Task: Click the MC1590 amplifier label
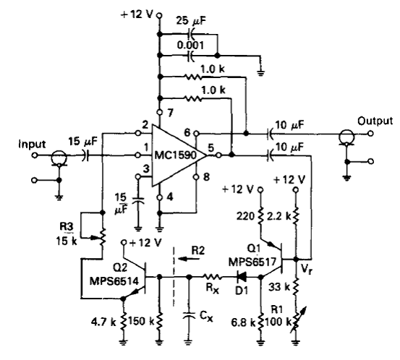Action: [176, 155]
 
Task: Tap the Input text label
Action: [32, 145]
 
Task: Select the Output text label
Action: [375, 121]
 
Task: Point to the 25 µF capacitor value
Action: [191, 21]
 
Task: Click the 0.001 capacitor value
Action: [190, 46]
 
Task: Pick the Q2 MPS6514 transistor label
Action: [114, 275]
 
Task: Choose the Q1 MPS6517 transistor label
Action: [252, 256]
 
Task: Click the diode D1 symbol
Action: [241, 277]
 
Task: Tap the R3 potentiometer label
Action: [67, 226]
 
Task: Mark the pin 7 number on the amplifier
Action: [170, 112]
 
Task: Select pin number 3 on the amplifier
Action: [146, 169]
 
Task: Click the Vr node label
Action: [307, 269]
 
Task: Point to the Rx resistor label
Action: [212, 288]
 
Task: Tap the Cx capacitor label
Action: [206, 317]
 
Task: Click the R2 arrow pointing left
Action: [189, 260]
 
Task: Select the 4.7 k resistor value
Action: [103, 322]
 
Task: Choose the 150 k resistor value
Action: [141, 322]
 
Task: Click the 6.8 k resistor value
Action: [243, 323]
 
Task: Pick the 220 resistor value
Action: [245, 216]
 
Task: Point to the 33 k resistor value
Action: [280, 288]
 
